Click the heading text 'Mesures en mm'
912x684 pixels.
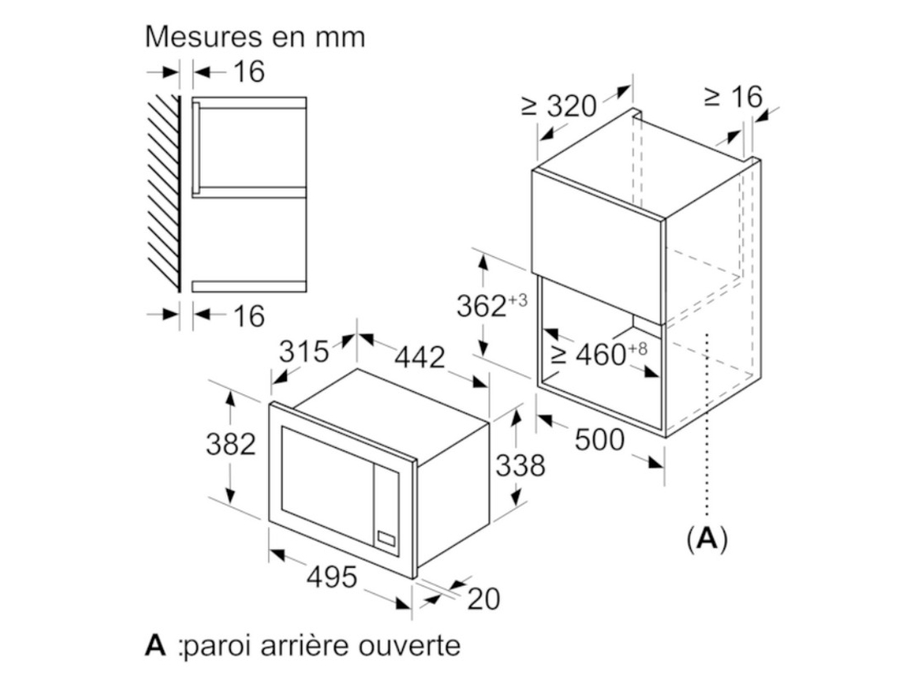click(x=254, y=38)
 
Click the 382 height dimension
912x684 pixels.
click(x=231, y=444)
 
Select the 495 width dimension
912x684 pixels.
click(x=332, y=577)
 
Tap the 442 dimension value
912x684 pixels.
click(x=420, y=357)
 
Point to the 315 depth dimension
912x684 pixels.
click(x=304, y=351)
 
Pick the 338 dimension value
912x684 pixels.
click(x=521, y=466)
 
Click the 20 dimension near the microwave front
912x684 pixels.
click(x=483, y=599)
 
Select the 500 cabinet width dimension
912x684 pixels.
click(x=600, y=440)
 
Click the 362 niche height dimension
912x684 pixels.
click(x=491, y=306)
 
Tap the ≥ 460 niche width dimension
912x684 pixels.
click(x=598, y=354)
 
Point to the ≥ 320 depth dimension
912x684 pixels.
click(x=559, y=106)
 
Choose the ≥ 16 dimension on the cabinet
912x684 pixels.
click(x=733, y=97)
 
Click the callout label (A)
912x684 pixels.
click(x=706, y=538)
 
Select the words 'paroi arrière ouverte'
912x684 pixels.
click(x=321, y=646)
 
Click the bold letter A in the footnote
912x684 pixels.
click(x=155, y=645)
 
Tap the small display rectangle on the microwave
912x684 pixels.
click(x=386, y=538)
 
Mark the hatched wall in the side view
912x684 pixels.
click(x=164, y=193)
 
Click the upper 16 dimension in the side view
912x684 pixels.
click(x=249, y=72)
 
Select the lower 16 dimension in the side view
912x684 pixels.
click(x=249, y=316)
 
